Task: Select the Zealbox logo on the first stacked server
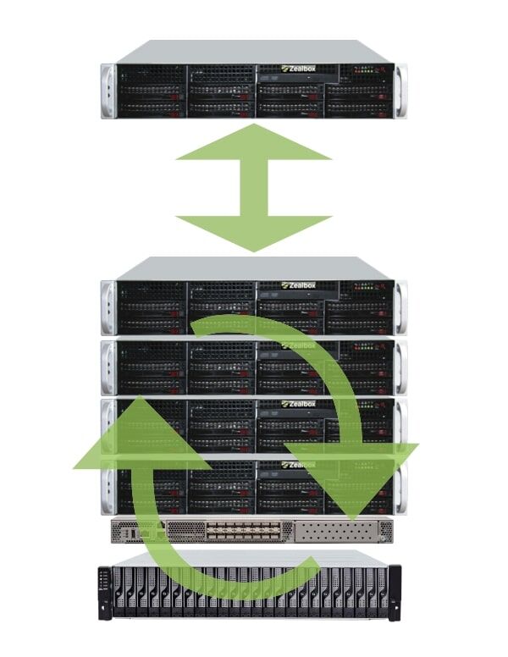click(297, 285)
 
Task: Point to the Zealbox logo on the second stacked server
click(297, 345)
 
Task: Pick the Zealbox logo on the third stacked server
click(297, 404)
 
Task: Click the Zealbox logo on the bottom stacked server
click(297, 464)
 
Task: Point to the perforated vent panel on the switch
click(339, 532)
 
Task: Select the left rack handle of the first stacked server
click(108, 306)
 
